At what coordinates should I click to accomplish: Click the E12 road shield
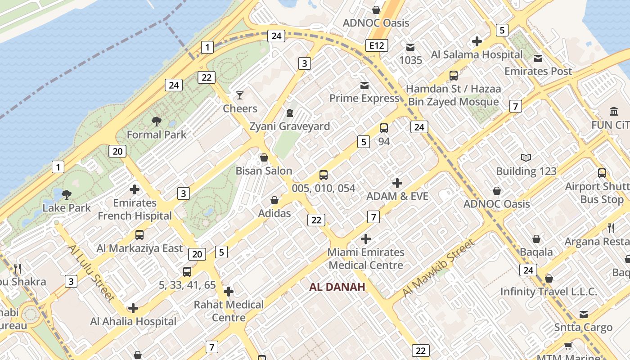point(377,45)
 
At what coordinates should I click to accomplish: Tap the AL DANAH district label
point(337,287)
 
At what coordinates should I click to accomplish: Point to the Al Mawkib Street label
point(438,268)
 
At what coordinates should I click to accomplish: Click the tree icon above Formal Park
point(157,121)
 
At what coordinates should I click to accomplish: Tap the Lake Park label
point(67,208)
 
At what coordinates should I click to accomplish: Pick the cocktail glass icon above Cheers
point(240,95)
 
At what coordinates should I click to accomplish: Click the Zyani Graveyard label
point(290,126)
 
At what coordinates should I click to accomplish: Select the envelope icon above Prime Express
point(364,85)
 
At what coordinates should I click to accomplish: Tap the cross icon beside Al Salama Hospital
point(477,42)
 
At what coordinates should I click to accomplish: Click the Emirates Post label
point(538,71)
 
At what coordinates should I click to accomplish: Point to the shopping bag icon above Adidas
point(274,200)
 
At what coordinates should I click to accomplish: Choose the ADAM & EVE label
point(397,196)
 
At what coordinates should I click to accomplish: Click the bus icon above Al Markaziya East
point(139,235)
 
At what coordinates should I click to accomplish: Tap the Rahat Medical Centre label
point(229,311)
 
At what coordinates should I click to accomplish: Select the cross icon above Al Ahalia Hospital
point(133,308)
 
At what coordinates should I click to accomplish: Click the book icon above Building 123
point(526,157)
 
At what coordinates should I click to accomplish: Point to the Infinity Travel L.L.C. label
point(549,292)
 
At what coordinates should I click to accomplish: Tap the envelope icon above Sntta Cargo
point(584,315)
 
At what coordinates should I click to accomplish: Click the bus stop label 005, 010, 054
point(324,188)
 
